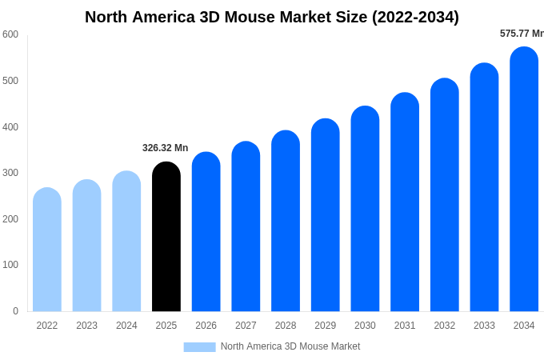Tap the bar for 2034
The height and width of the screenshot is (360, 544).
[524, 179]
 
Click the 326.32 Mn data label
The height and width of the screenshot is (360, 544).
[165, 148]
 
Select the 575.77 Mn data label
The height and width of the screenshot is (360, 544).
[522, 34]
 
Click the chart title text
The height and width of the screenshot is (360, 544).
[272, 17]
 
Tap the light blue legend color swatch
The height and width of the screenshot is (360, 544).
[199, 346]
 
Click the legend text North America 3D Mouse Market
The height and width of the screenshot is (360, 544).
[290, 346]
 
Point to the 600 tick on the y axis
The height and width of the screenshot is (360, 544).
[10, 34]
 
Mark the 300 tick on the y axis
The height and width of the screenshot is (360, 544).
[10, 173]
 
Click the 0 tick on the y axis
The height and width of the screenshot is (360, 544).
[15, 311]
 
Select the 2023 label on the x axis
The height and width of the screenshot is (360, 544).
[86, 326]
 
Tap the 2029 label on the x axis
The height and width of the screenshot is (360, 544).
[325, 326]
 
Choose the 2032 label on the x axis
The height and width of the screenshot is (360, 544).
[444, 326]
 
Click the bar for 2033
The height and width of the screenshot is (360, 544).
[484, 187]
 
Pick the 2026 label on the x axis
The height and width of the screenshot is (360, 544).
[206, 326]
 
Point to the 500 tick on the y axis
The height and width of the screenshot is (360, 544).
[10, 81]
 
